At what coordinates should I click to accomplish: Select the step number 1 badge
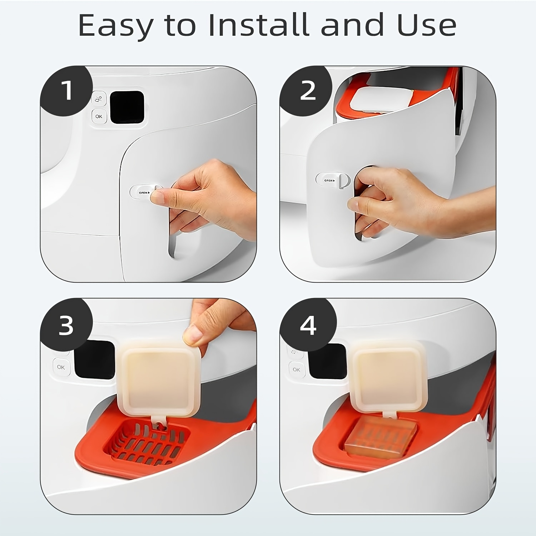coord(66,91)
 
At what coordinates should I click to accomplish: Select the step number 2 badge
coord(307,91)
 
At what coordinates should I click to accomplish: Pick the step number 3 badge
coord(66,325)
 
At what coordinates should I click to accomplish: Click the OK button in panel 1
coord(99,116)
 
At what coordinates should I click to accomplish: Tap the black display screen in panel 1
coord(127,107)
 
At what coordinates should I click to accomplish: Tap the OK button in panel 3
coord(61,367)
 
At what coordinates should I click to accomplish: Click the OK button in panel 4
coord(296,369)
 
